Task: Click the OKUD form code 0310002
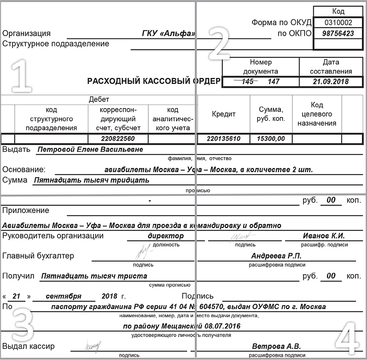[338, 23]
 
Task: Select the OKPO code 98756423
[338, 33]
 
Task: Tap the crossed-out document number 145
[247, 82]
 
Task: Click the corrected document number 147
[273, 82]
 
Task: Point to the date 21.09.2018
[330, 82]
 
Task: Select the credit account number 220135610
[224, 139]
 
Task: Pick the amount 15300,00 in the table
[271, 139]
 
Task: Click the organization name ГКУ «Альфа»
[168, 33]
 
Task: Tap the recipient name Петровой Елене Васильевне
[90, 149]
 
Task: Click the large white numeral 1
[21, 77]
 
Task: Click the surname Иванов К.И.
[324, 236]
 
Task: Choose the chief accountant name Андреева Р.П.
[276, 256]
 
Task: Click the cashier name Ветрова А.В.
[276, 346]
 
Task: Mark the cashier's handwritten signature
[93, 345]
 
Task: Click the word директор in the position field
[166, 236]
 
